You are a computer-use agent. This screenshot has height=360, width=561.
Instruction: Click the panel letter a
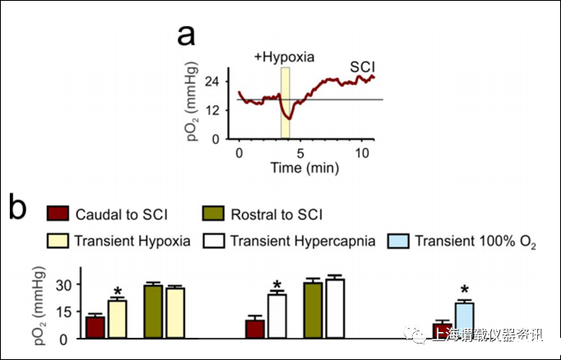click(x=188, y=37)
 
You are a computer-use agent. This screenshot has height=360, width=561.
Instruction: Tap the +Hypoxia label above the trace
click(x=284, y=58)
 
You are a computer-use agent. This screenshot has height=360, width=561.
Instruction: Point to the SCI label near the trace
click(x=362, y=65)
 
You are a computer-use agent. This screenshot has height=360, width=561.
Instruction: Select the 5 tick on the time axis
click(x=301, y=154)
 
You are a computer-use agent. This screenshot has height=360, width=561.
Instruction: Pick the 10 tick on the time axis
click(x=363, y=154)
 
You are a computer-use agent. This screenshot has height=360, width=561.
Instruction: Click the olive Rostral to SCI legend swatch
click(x=214, y=215)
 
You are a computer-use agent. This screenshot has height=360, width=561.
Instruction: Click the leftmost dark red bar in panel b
click(x=95, y=327)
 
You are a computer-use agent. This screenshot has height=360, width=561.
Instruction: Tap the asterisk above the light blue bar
click(x=465, y=290)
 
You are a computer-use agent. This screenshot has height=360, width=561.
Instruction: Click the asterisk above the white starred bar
click(x=276, y=284)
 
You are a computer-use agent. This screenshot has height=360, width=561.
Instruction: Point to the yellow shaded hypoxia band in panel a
click(x=285, y=103)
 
